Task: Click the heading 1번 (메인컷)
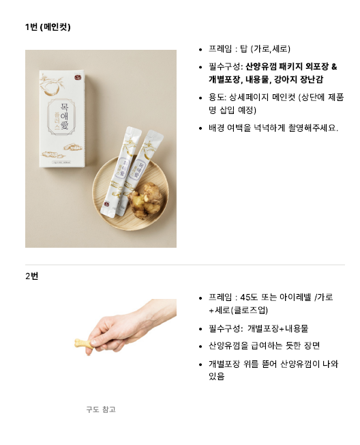click(48, 27)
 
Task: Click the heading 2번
click(32, 276)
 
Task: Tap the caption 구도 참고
click(101, 410)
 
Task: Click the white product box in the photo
click(62, 119)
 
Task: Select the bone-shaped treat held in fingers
click(84, 343)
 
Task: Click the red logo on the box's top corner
click(78, 76)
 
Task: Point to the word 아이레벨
click(295, 297)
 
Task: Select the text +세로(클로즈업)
click(238, 310)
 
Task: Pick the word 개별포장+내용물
click(277, 328)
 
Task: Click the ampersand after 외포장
click(334, 67)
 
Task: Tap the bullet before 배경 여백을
click(200, 128)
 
